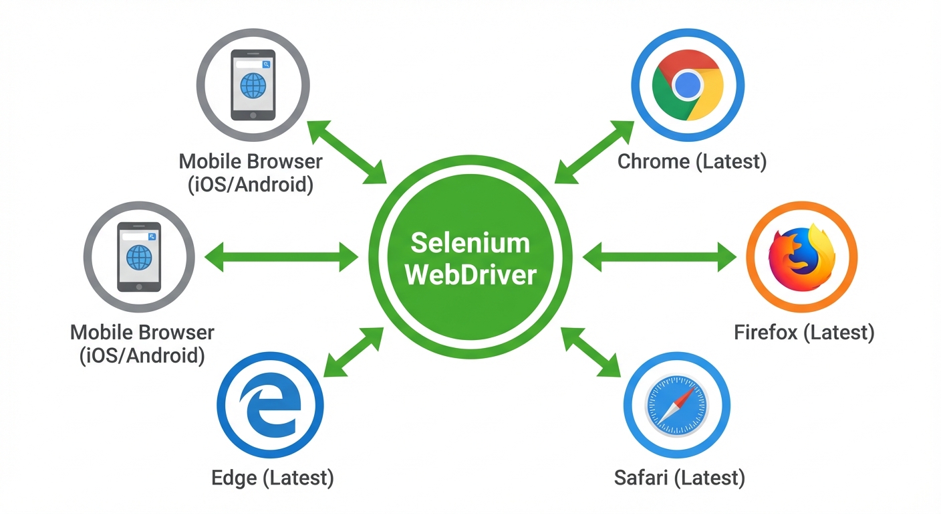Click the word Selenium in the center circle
pos(470,243)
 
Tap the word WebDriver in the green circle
pos(470,274)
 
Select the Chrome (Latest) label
pos(692,161)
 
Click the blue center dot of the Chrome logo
pos(688,85)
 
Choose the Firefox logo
pos(801,258)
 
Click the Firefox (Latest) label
pos(804,332)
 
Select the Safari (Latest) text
pos(679,478)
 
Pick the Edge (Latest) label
pos(272,478)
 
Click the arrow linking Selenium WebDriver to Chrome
pos(593,152)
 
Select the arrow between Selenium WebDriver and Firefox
pos(659,257)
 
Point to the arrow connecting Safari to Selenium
pos(591,353)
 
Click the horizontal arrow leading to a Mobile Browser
pos(281,257)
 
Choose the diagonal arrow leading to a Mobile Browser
pos(348,153)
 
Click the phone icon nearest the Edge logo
pos(139,257)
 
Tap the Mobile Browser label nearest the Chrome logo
pos(251,173)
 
